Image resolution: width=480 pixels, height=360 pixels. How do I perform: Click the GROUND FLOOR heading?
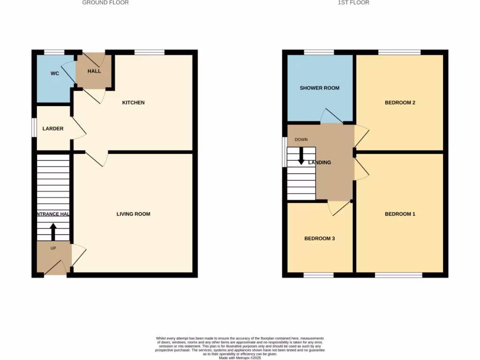105,3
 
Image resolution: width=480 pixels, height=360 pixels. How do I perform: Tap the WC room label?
55,74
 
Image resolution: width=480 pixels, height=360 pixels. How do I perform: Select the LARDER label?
53,128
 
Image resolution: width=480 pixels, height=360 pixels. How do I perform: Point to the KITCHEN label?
134,103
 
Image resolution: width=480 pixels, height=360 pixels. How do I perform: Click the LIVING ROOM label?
134,214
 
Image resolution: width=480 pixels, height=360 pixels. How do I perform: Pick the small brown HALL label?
94,71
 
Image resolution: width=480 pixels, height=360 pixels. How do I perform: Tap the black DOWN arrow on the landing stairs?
301,155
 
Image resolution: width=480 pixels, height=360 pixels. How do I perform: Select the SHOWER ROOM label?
320,88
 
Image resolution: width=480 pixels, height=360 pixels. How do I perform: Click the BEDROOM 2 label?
400,103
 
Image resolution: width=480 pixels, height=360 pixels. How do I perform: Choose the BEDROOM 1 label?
400,214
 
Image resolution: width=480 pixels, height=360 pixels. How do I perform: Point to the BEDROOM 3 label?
320,239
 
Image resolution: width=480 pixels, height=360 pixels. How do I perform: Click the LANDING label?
320,163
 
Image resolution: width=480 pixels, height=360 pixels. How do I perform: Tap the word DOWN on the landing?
301,140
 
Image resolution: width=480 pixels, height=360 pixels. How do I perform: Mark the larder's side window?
34,127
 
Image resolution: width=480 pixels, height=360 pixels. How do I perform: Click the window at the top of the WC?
54,52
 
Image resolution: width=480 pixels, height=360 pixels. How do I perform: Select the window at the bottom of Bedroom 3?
319,275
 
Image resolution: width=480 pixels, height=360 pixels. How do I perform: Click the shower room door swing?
330,116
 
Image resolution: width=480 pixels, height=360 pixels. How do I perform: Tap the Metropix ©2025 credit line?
240,358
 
